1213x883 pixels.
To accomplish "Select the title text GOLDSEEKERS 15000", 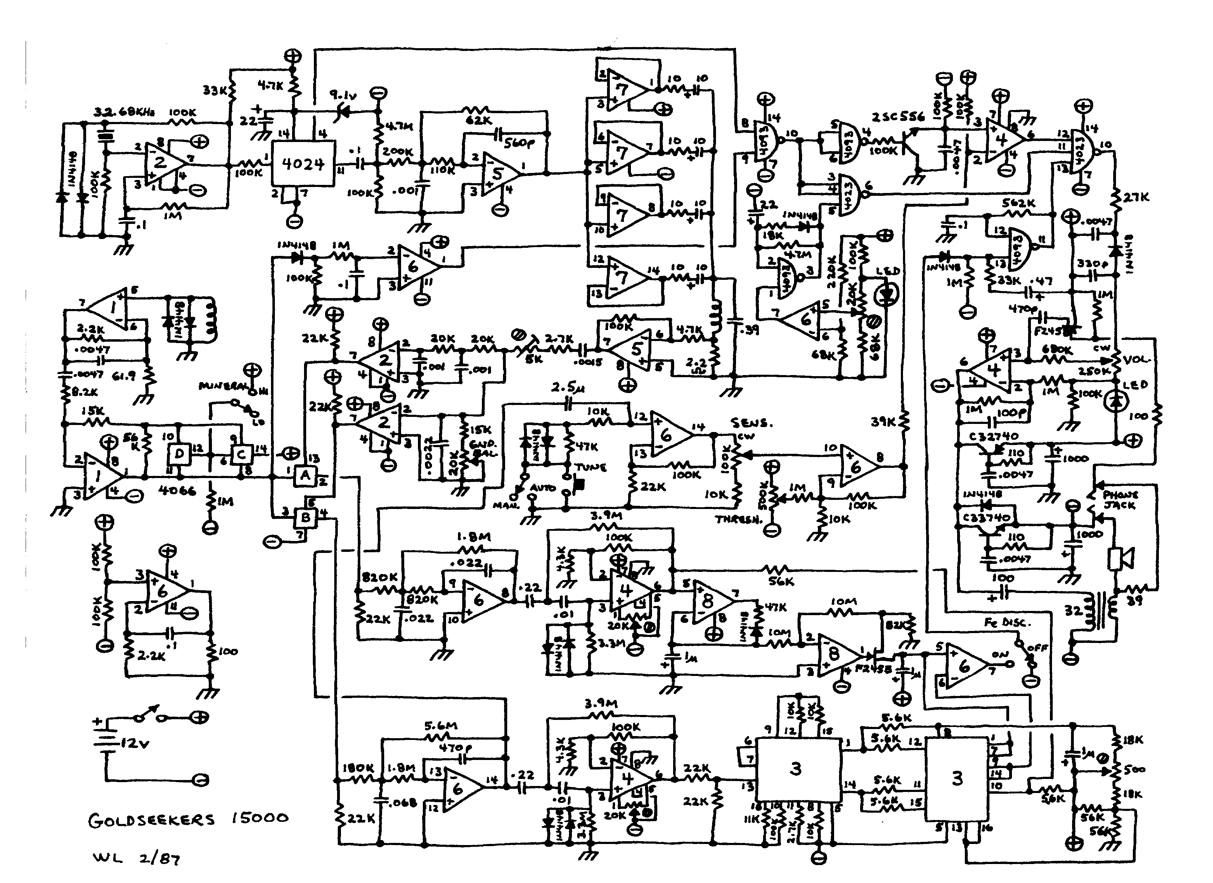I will [x=188, y=820].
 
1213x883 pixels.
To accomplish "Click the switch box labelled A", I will [x=305, y=476].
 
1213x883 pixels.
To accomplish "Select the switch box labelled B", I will [x=306, y=517].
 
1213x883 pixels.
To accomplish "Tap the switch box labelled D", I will [x=179, y=455].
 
